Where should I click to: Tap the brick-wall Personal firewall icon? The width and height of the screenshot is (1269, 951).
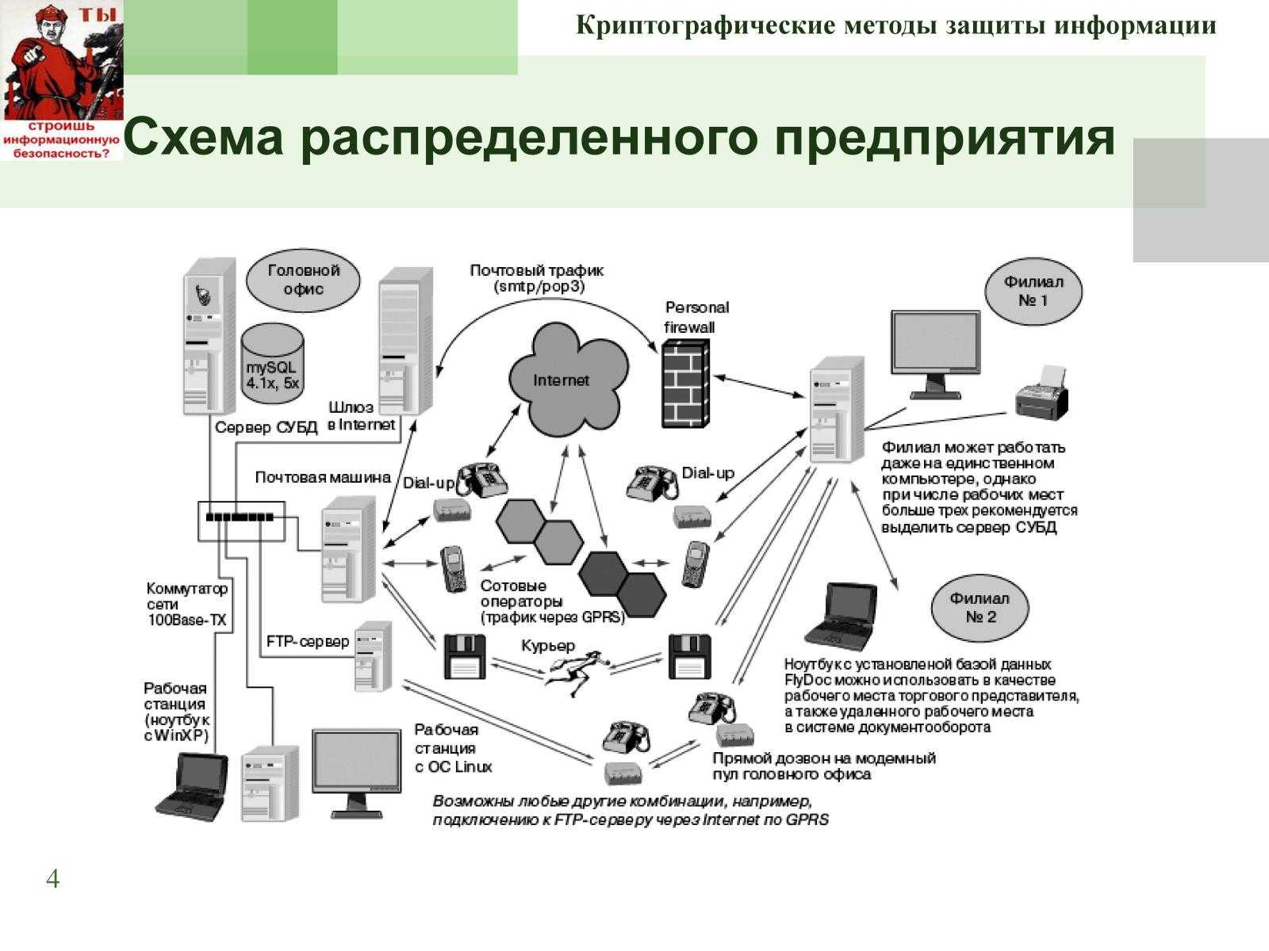coord(685,384)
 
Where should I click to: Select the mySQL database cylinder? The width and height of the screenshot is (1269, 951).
coord(272,361)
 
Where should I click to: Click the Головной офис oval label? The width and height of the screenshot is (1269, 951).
coord(303,280)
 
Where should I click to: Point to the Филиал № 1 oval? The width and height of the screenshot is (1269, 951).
coord(1033,292)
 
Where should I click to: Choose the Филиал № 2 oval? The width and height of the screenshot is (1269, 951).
coord(980,608)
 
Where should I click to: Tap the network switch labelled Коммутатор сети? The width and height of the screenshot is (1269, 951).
coord(241,519)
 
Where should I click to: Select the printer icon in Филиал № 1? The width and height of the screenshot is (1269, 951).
coord(1041,394)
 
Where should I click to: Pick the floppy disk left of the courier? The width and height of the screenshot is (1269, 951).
coord(464,656)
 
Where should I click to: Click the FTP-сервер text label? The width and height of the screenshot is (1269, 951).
coord(308,641)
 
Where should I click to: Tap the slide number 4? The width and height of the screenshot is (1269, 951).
coord(52,879)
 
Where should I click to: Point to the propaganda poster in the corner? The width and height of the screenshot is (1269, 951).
coord(62,79)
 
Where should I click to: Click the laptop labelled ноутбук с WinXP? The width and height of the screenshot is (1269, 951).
coord(191,785)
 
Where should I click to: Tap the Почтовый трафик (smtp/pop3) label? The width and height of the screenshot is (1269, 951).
coord(537,278)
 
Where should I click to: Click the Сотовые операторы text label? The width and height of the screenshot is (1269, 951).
coord(514,593)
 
